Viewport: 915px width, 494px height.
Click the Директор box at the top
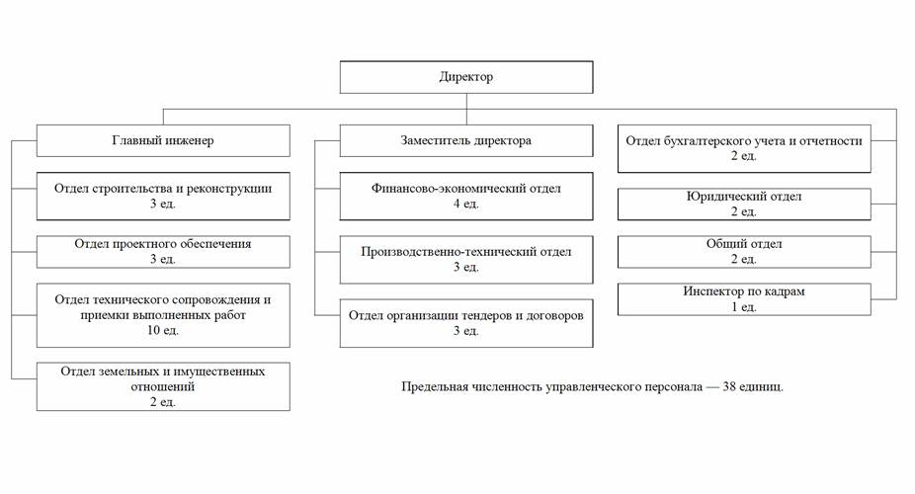click(466, 77)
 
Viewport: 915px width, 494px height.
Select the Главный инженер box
click(163, 140)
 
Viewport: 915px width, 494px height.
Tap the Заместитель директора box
click(466, 140)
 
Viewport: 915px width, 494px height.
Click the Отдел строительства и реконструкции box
click(163, 196)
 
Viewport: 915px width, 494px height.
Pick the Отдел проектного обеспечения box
click(163, 252)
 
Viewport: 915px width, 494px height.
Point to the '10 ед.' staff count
click(163, 330)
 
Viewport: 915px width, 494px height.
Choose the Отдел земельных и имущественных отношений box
click(163, 386)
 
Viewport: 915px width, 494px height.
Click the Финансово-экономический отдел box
click(466, 196)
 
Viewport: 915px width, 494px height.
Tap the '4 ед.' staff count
click(466, 204)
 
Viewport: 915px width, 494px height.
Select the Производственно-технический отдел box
click(466, 260)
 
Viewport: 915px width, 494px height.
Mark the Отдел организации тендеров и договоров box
click(466, 323)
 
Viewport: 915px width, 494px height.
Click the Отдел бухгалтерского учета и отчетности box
click(744, 148)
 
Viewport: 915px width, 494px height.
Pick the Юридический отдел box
click(744, 205)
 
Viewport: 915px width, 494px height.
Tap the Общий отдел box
click(744, 252)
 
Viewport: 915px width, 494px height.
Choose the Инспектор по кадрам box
click(744, 299)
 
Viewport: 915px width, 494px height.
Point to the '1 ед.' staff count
click(744, 307)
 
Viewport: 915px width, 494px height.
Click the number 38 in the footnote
click(729, 386)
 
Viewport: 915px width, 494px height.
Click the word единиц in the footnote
click(762, 387)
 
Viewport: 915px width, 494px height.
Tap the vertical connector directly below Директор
click(466, 109)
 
